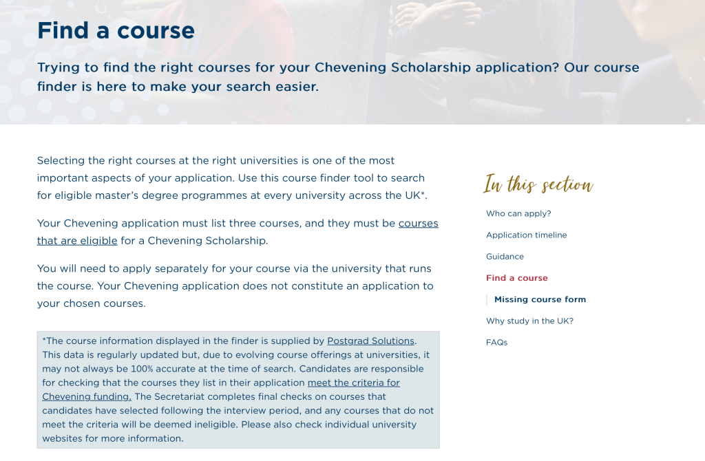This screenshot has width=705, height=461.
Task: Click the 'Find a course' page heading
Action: [x=116, y=31]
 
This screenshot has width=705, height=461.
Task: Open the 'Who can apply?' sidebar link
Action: [x=518, y=214]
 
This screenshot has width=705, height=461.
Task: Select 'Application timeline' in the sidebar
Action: [x=526, y=235]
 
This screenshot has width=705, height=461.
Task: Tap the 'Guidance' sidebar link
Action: [x=505, y=257]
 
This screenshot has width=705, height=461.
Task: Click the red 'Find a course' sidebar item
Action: [x=516, y=278]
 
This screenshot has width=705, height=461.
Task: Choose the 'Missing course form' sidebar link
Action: [x=540, y=299]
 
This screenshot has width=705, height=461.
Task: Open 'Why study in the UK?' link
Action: [x=529, y=321]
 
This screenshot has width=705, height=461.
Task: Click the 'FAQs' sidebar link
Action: [x=496, y=343]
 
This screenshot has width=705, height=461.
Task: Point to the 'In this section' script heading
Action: [x=538, y=184]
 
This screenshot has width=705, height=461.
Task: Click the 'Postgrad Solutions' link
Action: [x=370, y=341]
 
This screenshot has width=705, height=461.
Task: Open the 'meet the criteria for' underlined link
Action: [x=353, y=383]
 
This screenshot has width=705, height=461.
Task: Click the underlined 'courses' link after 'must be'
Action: [x=418, y=224]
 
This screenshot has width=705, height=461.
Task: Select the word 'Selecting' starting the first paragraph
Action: [x=61, y=160]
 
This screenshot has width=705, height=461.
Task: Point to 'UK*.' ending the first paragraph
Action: [x=416, y=195]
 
